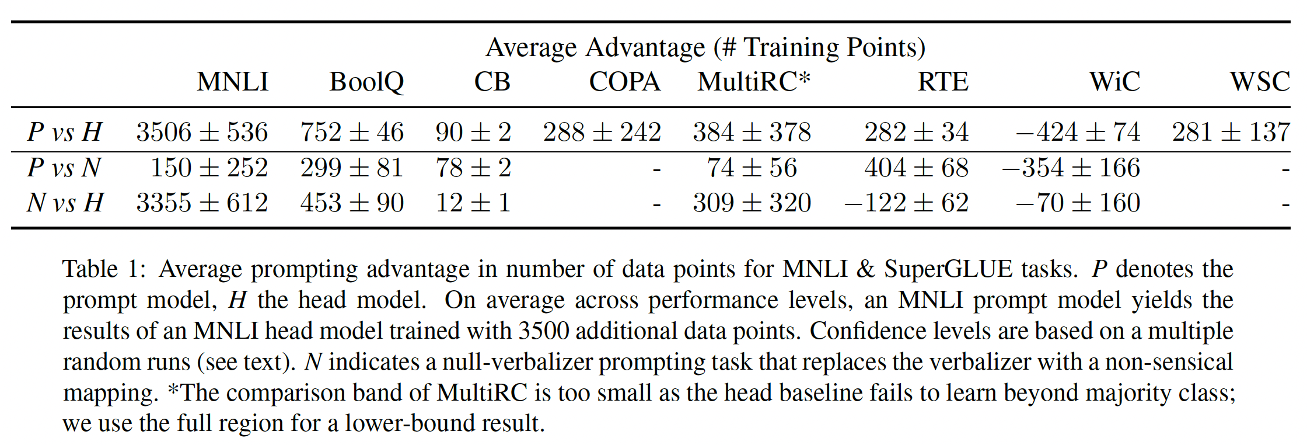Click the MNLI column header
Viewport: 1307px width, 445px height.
point(232,82)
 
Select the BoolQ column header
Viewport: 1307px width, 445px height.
point(366,82)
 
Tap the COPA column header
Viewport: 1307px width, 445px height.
point(624,82)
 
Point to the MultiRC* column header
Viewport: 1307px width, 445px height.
point(754,82)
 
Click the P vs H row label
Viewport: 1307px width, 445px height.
point(65,132)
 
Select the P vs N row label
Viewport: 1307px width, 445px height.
point(64,168)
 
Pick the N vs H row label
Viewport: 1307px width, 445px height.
point(65,203)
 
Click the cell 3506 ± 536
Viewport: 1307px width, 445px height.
point(202,132)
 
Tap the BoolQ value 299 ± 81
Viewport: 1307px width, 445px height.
point(352,168)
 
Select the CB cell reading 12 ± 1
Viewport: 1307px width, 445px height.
point(473,203)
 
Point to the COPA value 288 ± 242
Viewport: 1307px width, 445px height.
point(602,132)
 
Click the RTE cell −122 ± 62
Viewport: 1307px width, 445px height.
point(906,203)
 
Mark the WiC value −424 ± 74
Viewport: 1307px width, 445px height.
point(1078,132)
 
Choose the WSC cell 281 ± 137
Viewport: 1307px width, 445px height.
point(1231,132)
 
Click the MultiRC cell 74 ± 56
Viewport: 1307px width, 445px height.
point(752,168)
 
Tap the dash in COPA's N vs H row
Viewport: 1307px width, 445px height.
point(656,204)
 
